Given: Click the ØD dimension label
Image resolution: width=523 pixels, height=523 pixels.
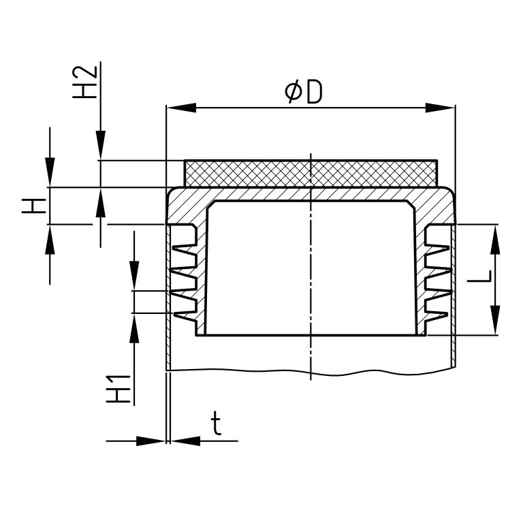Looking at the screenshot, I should [303, 92].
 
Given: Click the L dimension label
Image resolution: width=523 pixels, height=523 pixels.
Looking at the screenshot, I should [481, 278].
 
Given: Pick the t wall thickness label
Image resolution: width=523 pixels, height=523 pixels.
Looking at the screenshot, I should [216, 425].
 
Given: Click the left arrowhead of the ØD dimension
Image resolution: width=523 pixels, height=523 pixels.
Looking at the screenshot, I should [181, 108].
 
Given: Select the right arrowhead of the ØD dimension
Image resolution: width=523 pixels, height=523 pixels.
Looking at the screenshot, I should [440, 108].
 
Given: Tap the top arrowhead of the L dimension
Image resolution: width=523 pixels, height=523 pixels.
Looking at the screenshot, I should [495, 238].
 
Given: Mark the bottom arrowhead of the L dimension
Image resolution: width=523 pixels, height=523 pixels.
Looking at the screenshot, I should [495, 321].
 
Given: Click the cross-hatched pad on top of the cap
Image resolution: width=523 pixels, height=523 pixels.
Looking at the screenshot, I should [311, 173].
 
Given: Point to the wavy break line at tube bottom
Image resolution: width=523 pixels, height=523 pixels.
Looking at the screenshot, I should [311, 372].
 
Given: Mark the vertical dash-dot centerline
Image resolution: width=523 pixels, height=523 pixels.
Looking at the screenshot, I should [311, 272].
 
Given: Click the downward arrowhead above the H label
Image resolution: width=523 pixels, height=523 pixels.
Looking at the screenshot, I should [50, 174].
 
